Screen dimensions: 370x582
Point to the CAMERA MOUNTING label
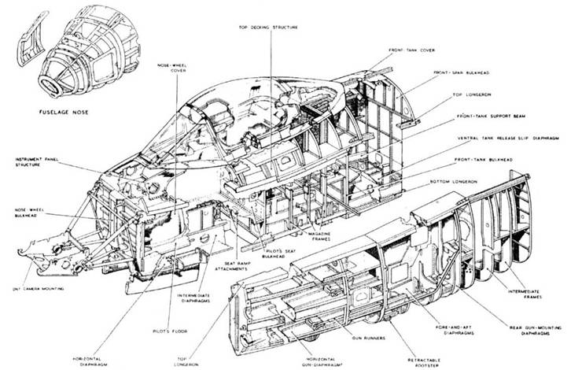point(46,290)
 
